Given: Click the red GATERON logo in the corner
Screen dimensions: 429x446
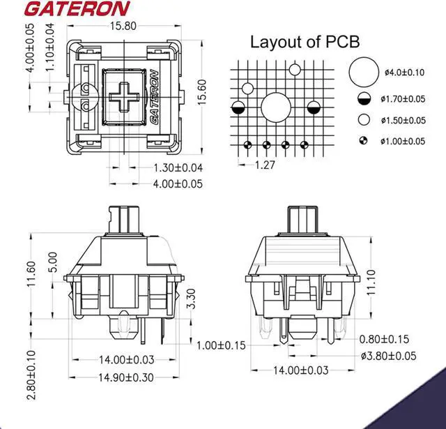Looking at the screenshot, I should coord(67,9).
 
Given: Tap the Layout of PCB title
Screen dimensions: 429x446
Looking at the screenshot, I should coord(305,42).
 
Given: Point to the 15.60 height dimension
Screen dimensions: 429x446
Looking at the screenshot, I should coord(201,91).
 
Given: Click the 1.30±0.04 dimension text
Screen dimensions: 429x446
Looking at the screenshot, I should coord(178,167).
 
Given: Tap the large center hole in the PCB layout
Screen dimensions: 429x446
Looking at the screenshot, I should coord(276,108).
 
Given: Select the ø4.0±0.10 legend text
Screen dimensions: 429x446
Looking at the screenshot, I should coord(404,73).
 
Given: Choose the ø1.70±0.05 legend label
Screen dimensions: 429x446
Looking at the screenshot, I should coord(404,99).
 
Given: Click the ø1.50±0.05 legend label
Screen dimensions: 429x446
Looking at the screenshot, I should coord(404,120).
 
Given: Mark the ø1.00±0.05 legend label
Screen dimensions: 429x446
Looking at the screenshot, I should coord(404,141).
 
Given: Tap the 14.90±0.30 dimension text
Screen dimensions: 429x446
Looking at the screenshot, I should coord(125,377).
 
